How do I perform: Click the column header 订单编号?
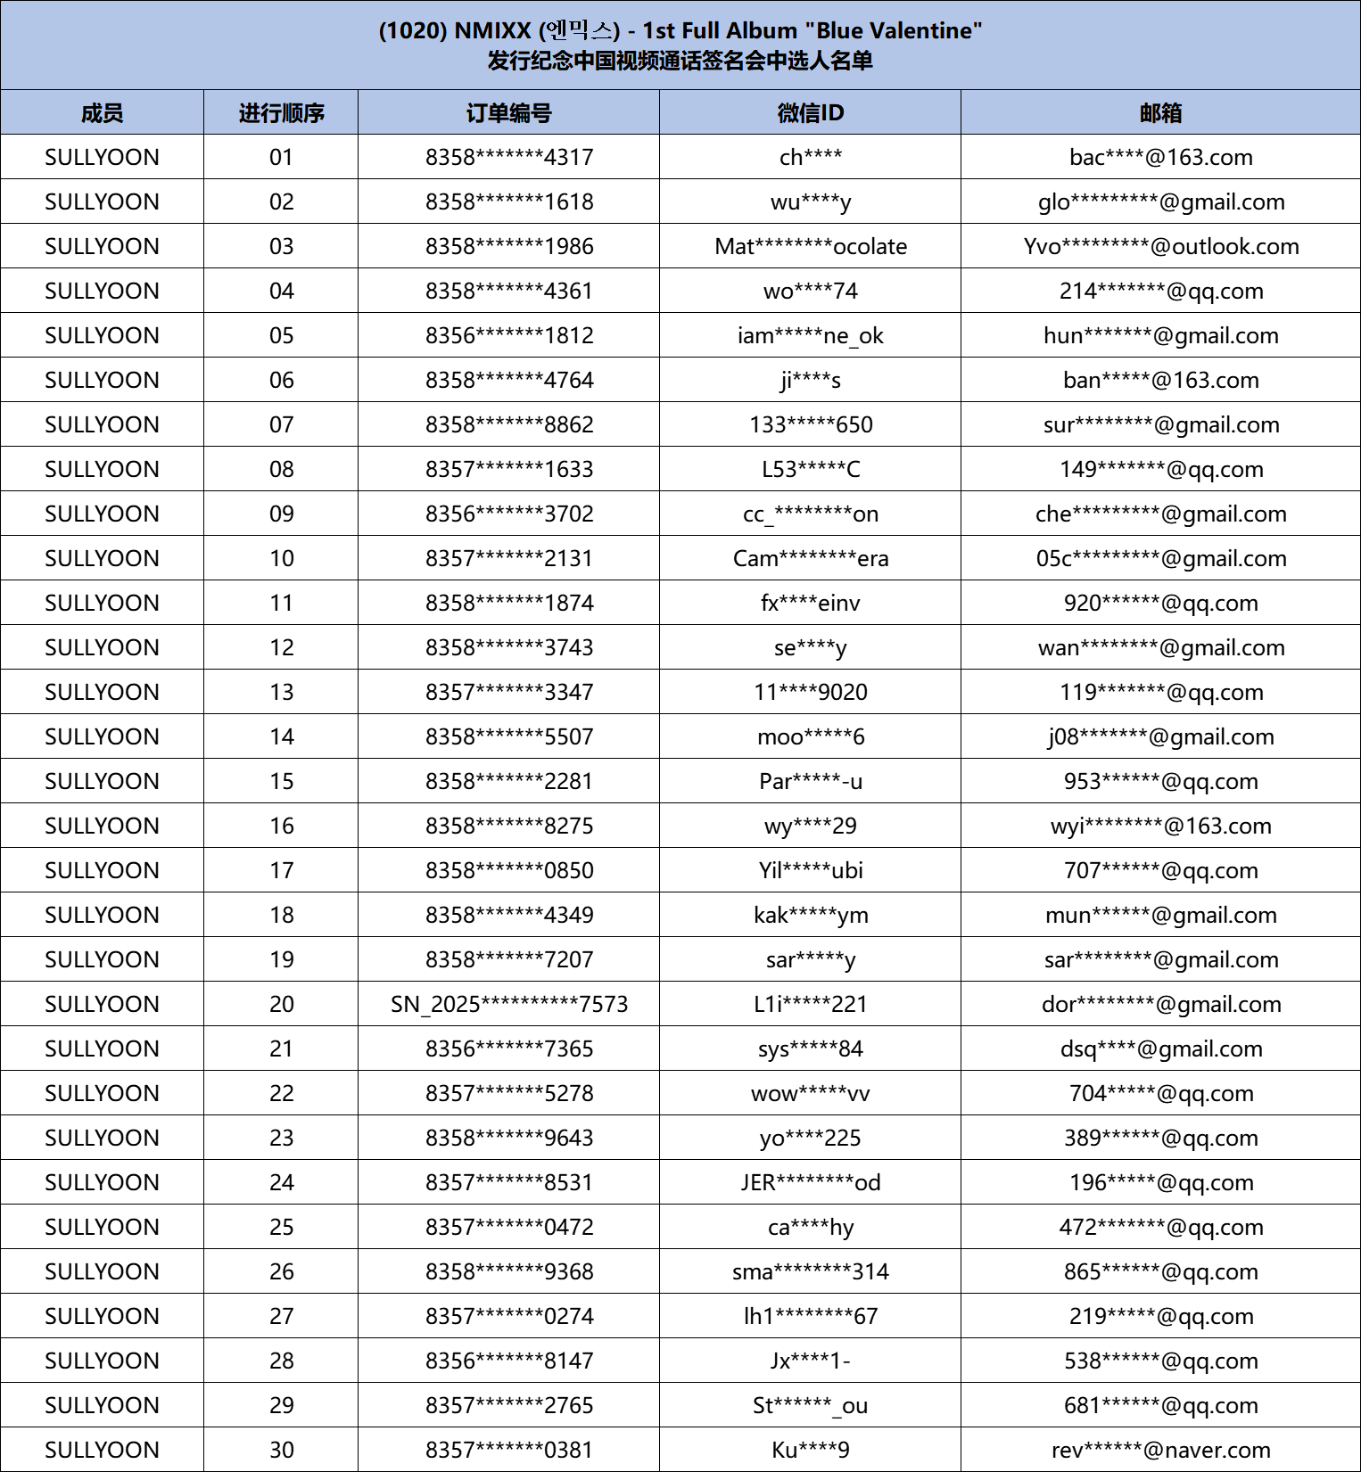click(x=508, y=113)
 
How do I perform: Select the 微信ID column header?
click(x=810, y=113)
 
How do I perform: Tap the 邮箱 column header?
click(x=1160, y=113)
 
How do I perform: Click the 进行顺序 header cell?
click(x=281, y=113)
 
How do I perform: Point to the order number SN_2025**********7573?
click(x=508, y=1004)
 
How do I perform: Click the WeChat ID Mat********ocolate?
click(x=810, y=246)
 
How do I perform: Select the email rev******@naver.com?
click(x=1160, y=1450)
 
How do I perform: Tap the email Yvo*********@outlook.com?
click(x=1160, y=246)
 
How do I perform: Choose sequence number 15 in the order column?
click(x=281, y=781)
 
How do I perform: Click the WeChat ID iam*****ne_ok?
click(x=810, y=335)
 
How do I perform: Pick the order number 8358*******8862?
click(x=508, y=424)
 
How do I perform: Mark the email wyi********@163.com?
click(x=1160, y=826)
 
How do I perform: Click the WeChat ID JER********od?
click(x=810, y=1182)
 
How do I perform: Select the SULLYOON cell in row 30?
click(x=102, y=1450)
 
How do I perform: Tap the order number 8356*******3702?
click(x=508, y=514)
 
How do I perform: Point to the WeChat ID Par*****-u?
click(x=810, y=781)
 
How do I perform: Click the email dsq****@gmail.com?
click(x=1160, y=1048)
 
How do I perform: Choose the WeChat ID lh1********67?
click(x=810, y=1316)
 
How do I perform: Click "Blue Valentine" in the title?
click(x=893, y=30)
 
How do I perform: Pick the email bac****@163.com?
click(x=1160, y=157)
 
